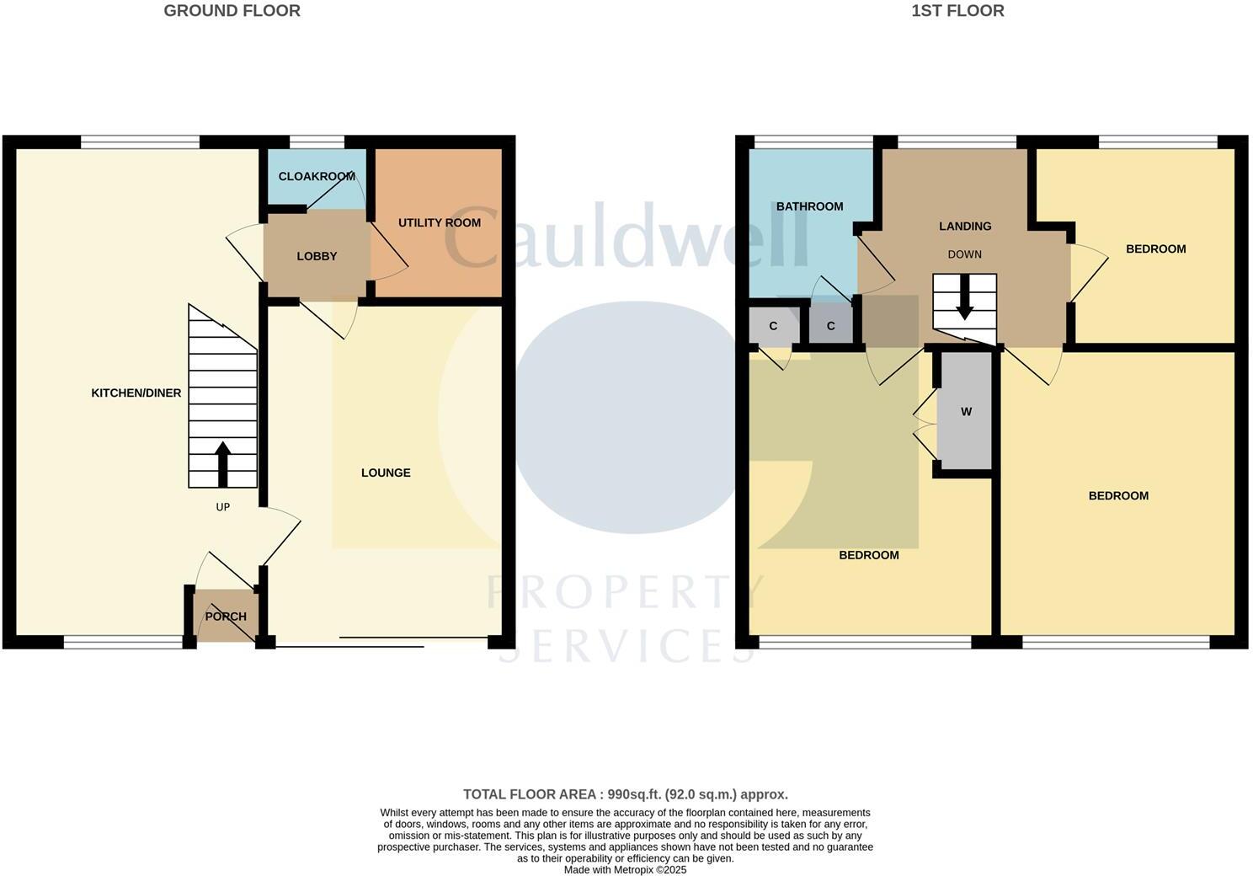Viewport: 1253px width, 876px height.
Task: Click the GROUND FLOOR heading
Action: (232, 11)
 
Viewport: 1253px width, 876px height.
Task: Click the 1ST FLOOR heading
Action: (957, 11)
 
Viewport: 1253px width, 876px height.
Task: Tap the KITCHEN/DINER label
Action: (136, 393)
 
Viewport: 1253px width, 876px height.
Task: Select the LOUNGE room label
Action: (386, 473)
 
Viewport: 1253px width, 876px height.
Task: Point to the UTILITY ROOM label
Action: (440, 222)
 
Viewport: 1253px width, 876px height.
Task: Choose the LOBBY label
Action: (317, 256)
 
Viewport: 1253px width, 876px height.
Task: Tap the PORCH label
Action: (226, 616)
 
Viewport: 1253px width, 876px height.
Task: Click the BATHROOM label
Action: (809, 206)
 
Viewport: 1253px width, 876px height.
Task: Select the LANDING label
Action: (965, 226)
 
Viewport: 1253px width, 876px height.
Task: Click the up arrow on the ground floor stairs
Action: (222, 463)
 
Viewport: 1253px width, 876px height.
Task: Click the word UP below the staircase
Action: (222, 507)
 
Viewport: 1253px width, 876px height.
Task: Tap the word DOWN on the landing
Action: (965, 254)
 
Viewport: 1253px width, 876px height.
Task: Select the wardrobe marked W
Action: (966, 412)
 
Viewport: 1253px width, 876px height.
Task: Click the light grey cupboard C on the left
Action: (773, 326)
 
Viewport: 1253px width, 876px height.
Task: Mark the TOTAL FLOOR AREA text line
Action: (626, 794)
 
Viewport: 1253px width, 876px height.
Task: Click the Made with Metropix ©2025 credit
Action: (626, 870)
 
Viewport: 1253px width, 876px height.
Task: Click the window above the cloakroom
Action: (317, 142)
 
